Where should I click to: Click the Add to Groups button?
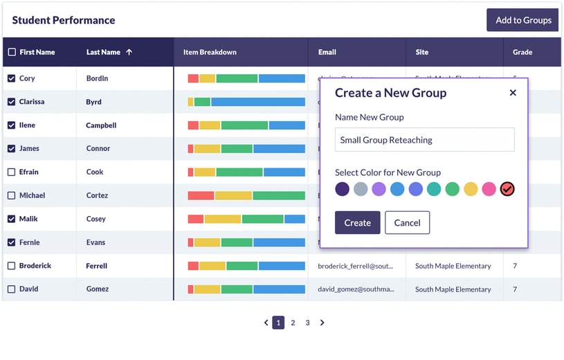(x=522, y=20)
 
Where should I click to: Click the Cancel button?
(x=407, y=222)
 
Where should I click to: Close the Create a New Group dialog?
(x=513, y=93)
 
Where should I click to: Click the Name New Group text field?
(x=424, y=140)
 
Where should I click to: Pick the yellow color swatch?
(x=471, y=189)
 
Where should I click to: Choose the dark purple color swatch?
(x=342, y=189)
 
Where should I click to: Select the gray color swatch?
(x=361, y=189)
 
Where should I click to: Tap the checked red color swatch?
(x=507, y=189)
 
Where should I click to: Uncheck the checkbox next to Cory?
(x=11, y=78)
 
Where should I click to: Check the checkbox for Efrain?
(x=11, y=172)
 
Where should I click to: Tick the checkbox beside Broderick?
(x=11, y=266)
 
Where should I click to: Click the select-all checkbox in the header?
(x=12, y=52)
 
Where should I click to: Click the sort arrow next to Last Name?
(x=129, y=52)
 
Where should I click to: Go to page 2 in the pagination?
(x=293, y=323)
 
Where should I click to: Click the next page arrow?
(x=322, y=323)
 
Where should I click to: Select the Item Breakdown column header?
(x=210, y=52)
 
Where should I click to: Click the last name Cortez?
(x=97, y=195)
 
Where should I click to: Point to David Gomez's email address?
(x=356, y=289)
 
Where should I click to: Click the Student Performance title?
(x=64, y=20)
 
